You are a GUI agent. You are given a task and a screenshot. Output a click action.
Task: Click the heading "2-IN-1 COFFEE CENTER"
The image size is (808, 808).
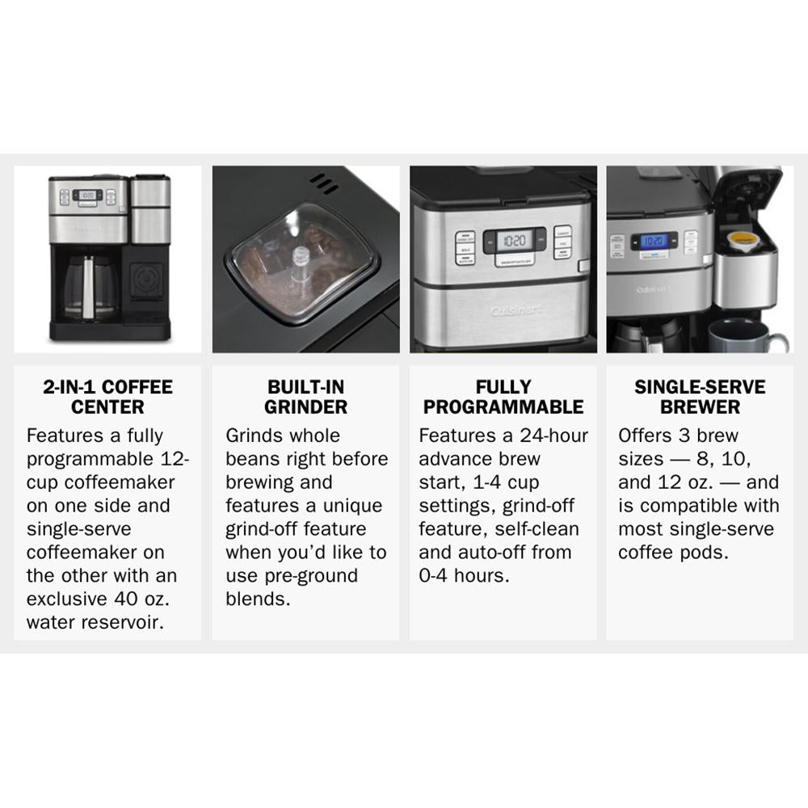click(x=107, y=397)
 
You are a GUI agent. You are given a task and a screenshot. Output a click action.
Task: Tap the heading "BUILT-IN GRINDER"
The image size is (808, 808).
click(x=305, y=397)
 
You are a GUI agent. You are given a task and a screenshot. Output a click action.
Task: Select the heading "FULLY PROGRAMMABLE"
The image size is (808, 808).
click(x=503, y=397)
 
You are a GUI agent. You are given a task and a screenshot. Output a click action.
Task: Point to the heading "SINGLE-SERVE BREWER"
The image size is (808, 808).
click(x=700, y=397)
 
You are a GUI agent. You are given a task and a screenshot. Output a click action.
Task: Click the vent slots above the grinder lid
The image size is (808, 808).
click(x=325, y=183)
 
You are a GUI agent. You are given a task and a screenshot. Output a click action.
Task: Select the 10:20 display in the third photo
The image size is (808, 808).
click(x=514, y=241)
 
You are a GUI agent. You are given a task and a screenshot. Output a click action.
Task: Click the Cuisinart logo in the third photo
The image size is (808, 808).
click(x=516, y=311)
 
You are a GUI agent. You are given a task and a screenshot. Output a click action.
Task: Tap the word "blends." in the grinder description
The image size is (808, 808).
click(x=258, y=599)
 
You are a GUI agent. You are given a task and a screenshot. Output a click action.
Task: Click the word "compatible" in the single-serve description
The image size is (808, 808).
click(x=688, y=506)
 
